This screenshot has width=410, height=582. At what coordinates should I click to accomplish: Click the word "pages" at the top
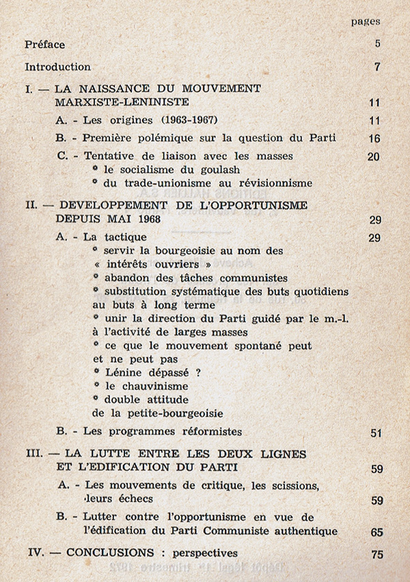click(x=366, y=21)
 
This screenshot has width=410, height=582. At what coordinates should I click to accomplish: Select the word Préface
click(x=45, y=44)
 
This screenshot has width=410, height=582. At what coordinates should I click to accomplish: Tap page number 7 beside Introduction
click(x=377, y=67)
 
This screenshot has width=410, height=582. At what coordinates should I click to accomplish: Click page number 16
click(x=373, y=139)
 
